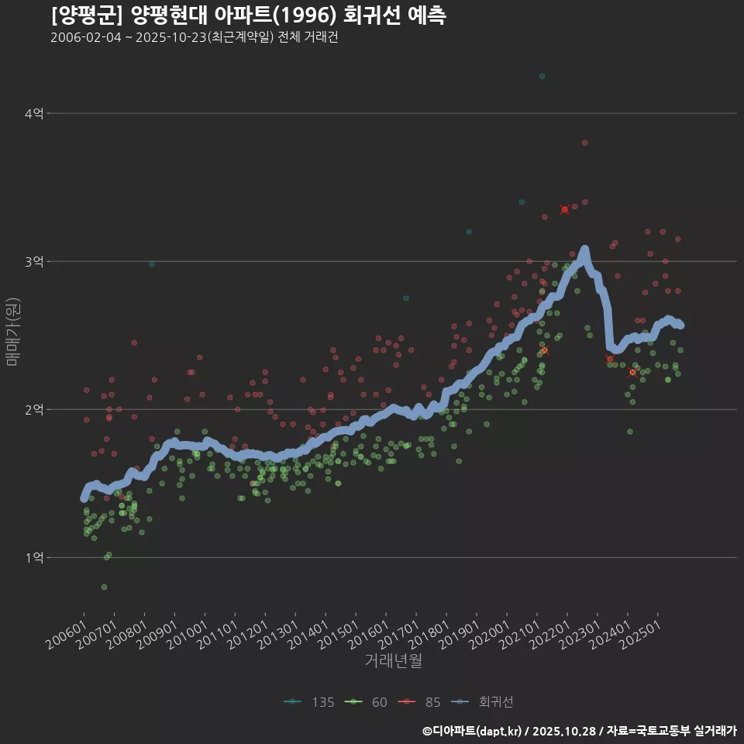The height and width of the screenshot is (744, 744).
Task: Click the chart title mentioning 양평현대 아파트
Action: click(248, 15)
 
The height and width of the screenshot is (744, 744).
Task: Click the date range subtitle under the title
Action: click(194, 37)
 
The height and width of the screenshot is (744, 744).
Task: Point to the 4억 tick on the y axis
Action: click(34, 114)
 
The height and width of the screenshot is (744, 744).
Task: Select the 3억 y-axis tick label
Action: click(34, 262)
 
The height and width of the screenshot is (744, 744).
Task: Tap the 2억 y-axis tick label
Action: click(34, 409)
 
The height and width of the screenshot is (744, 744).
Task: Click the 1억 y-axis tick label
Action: click(34, 557)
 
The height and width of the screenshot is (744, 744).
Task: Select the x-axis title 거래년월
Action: click(393, 661)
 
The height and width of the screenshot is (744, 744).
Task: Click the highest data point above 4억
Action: click(542, 76)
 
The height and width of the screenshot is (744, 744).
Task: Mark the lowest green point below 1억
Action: click(104, 587)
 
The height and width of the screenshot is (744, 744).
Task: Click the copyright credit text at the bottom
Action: click(579, 731)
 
